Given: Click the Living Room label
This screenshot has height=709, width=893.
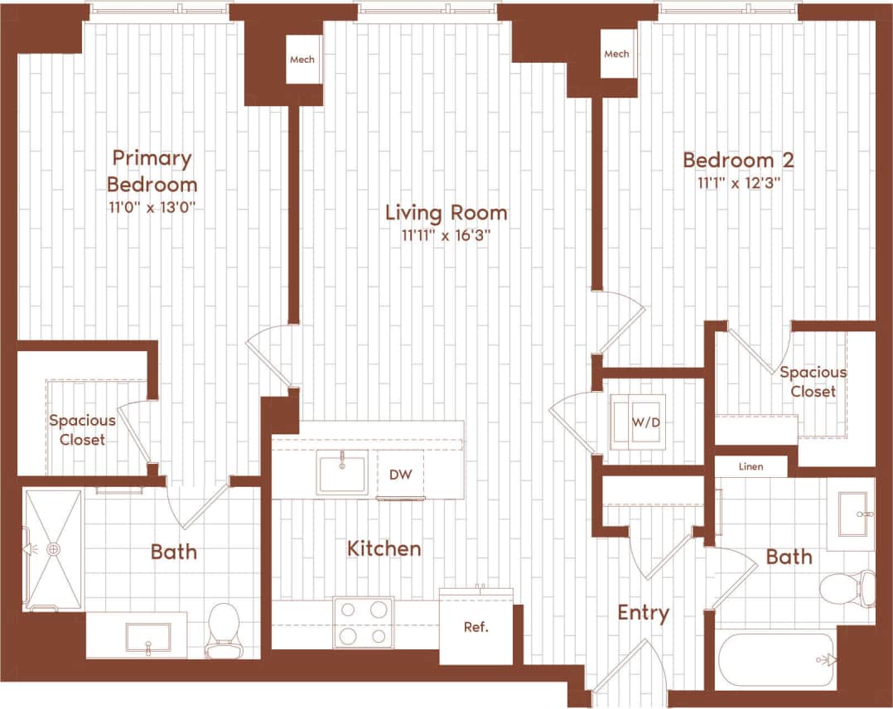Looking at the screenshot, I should pos(446,213).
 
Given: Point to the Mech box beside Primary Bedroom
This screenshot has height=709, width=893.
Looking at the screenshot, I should pos(302,60).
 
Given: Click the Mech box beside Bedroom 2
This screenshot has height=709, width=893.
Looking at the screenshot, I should pos(616,55).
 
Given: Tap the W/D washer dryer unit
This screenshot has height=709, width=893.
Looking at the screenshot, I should pos(638,422).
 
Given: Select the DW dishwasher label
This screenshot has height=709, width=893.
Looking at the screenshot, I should pos(400,475).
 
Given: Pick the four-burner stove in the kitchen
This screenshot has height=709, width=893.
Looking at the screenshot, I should pos(363,622).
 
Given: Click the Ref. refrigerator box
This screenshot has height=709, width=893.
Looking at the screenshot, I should pos(475,626).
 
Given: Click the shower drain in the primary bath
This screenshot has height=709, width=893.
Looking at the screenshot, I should pos(54,548).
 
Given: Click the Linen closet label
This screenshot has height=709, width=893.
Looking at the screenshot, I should pos(751,467).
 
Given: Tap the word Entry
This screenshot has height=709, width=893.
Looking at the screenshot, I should pos(643,613).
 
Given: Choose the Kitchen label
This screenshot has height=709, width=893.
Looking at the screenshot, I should pos(384,548).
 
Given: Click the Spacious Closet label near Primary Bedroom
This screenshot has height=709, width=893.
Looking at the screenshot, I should pos(82,430).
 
